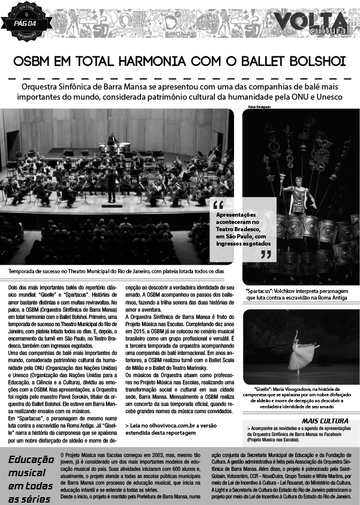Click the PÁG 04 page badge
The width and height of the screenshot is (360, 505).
click(25, 23)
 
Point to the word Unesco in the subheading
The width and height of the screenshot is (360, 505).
click(326, 96)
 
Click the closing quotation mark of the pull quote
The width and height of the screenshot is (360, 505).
click(266, 254)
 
